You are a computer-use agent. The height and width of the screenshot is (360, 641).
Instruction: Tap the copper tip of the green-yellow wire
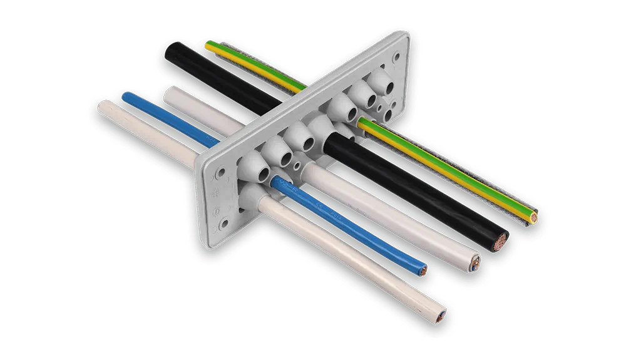coord(533,218)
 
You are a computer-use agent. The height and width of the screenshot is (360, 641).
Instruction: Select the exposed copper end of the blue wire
coord(425,271)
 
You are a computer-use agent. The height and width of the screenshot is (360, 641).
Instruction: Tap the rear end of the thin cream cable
coord(102,105)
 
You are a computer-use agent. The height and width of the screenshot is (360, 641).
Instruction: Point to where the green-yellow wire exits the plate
coord(364,122)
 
